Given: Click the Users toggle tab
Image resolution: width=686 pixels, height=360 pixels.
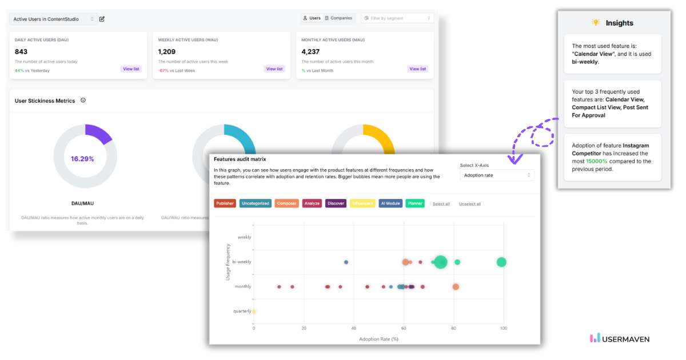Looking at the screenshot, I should pyautogui.click(x=312, y=18).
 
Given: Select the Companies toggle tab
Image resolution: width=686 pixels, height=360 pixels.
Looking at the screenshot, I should pyautogui.click(x=338, y=18).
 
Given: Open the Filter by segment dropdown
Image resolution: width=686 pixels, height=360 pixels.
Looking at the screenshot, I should pyautogui.click(x=397, y=18).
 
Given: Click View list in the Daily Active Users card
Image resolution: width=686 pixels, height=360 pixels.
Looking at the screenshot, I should pyautogui.click(x=131, y=69).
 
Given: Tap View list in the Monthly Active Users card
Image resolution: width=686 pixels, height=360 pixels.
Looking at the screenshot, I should pyautogui.click(x=417, y=69).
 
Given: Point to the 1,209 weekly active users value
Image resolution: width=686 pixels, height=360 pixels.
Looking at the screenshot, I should pyautogui.click(x=167, y=51).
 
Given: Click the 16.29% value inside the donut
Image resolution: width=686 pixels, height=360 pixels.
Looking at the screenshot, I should pyautogui.click(x=82, y=159).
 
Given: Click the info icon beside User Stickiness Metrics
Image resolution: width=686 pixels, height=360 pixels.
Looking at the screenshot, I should pyautogui.click(x=83, y=101).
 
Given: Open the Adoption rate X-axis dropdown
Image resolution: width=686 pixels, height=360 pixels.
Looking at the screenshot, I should pyautogui.click(x=497, y=175).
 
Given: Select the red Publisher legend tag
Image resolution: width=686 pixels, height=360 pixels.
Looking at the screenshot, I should pyautogui.click(x=225, y=203).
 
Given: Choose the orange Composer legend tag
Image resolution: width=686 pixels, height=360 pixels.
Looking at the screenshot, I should pyautogui.click(x=286, y=203).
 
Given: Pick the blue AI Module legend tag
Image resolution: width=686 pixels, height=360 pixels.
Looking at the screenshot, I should pyautogui.click(x=390, y=203).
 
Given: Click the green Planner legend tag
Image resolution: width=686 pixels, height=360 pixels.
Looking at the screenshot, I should pyautogui.click(x=415, y=203).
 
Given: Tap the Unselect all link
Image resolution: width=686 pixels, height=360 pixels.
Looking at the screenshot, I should pyautogui.click(x=469, y=204).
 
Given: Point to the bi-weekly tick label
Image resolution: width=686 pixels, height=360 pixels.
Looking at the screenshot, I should pyautogui.click(x=241, y=262).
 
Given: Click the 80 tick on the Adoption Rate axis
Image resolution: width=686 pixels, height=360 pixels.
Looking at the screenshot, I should pyautogui.click(x=454, y=328).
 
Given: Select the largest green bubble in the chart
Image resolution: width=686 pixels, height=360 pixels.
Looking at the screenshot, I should pyautogui.click(x=440, y=262).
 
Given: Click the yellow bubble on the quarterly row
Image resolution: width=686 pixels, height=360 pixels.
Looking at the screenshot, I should pyautogui.click(x=254, y=311).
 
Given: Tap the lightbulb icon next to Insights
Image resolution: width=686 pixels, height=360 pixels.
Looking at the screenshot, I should pyautogui.click(x=596, y=23).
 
